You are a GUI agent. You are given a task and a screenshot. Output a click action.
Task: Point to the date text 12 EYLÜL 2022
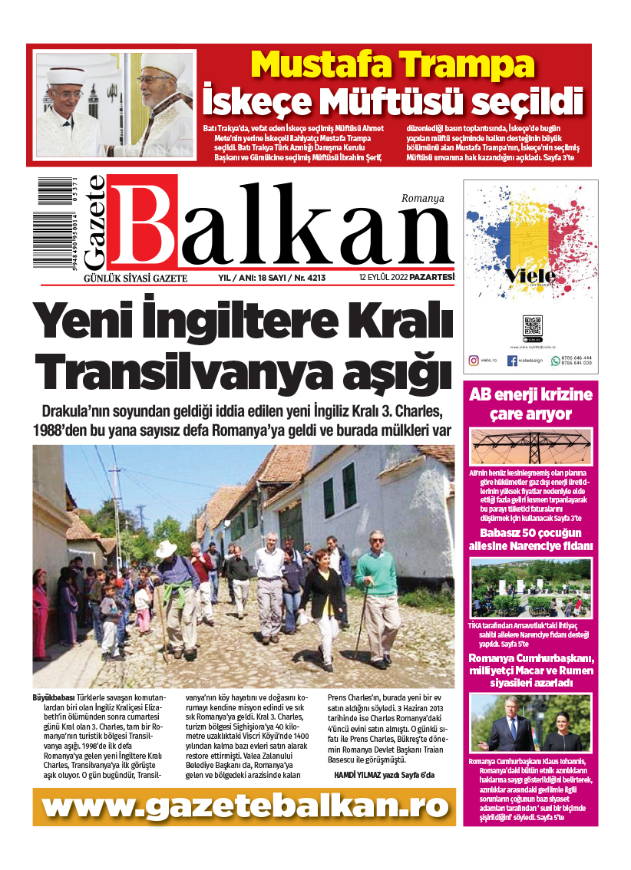pos(383,278)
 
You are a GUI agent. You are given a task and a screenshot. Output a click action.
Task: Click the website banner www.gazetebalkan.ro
pos(244,806)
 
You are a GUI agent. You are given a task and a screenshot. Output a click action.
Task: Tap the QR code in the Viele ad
pos(532,326)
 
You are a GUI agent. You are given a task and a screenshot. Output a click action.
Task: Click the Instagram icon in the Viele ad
pos(474,360)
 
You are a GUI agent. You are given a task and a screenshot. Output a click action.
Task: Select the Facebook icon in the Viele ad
pos(512,360)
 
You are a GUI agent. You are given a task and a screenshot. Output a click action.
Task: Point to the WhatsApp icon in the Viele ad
pos(556,360)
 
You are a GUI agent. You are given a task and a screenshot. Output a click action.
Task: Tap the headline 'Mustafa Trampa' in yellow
pos(392,64)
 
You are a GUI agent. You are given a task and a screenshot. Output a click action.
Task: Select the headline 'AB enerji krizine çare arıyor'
pos(531,405)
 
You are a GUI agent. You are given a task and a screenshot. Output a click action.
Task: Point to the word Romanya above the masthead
pos(423,197)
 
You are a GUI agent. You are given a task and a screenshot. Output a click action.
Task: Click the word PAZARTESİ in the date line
pos(431,278)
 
